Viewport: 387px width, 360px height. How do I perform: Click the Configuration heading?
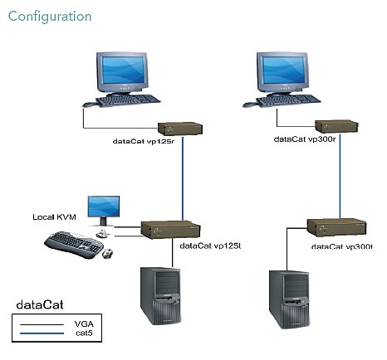tap(50, 17)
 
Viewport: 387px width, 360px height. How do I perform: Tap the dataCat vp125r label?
tap(144, 141)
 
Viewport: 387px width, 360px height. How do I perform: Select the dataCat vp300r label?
tap(305, 139)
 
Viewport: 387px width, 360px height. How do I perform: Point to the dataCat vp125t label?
tap(210, 246)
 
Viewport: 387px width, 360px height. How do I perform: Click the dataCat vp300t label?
tap(342, 246)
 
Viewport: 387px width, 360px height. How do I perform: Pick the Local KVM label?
tap(54, 217)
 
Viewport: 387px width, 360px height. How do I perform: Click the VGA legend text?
tap(84, 324)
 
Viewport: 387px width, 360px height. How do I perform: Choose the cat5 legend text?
tap(84, 333)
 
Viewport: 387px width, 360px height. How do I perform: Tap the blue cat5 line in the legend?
tap(42, 333)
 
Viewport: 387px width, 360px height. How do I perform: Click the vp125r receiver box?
tap(180, 129)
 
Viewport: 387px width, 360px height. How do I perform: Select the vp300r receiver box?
tap(336, 127)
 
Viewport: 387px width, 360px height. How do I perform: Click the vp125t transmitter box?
tap(170, 230)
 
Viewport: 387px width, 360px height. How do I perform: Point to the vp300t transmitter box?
tap(336, 227)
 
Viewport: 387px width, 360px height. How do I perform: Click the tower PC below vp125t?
tap(161, 295)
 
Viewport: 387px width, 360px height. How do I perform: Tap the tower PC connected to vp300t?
tap(290, 299)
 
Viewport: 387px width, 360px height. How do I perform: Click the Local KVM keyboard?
tap(74, 245)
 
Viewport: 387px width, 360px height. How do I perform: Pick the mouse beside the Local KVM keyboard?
tap(107, 254)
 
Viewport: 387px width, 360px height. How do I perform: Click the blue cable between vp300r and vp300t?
tap(340, 176)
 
